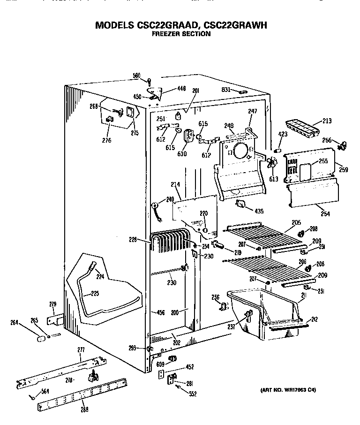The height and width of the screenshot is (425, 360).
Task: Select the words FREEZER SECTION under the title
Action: point(181,34)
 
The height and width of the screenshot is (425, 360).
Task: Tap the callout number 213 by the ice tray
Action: point(327,121)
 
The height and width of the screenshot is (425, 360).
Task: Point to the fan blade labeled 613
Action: point(271,164)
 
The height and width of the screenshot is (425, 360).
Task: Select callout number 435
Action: point(259,210)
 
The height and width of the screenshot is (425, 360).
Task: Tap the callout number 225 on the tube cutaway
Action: point(95,294)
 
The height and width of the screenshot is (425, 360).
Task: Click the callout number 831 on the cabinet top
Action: point(226,90)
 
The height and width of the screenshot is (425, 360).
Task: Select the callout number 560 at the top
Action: point(136,76)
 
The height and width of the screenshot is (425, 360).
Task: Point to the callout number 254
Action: point(325,214)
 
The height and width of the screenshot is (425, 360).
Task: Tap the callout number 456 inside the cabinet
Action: point(160,312)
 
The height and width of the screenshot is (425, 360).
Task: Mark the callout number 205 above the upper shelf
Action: point(296,222)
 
